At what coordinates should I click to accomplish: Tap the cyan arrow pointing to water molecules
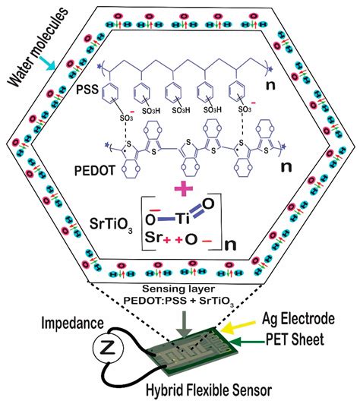point(48,62)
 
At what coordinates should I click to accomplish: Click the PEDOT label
point(95,170)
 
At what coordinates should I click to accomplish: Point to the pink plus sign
point(184,188)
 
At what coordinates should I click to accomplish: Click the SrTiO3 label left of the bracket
point(111,225)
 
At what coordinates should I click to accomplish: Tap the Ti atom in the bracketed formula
point(183,219)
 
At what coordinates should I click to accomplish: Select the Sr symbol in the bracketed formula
point(153,237)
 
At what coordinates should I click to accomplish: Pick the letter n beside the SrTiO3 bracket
point(230,245)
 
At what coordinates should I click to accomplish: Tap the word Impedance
point(72,323)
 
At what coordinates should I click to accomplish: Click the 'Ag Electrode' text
point(298,319)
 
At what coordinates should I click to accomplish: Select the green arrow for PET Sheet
point(248,342)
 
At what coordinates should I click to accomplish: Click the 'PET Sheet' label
point(295,339)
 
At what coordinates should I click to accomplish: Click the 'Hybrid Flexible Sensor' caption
point(209,390)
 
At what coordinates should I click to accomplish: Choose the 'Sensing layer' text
point(178,289)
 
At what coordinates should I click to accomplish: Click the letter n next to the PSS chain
point(270,85)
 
